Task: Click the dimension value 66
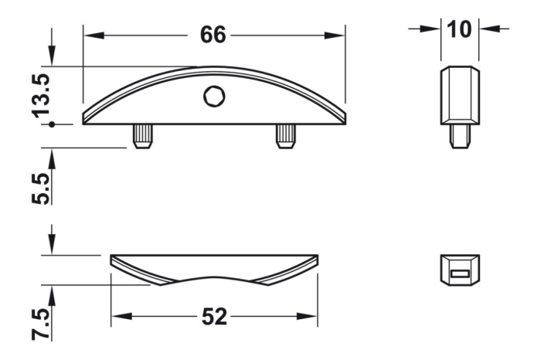(214, 36)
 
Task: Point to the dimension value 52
(214, 316)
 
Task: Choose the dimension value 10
(459, 29)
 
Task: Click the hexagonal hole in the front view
(213, 97)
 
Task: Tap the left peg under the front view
(144, 136)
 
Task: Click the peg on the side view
(459, 136)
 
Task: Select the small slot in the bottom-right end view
(460, 273)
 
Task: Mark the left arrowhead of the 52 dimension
(118, 316)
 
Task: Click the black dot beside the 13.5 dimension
(51, 123)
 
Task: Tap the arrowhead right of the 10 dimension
(485, 29)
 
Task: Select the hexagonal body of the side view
(459, 94)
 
